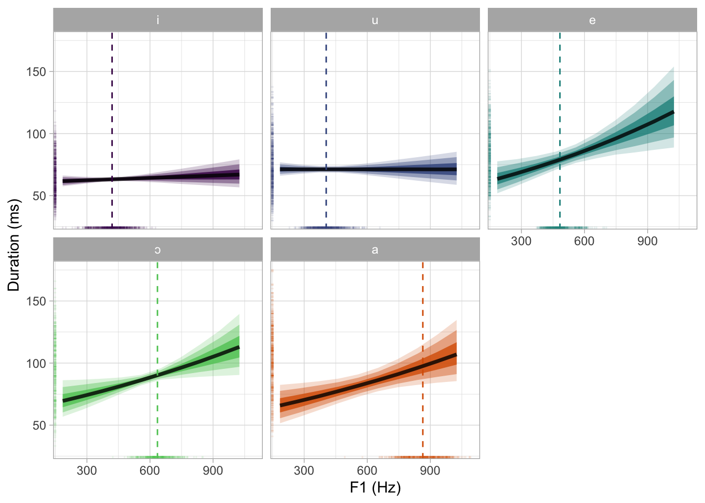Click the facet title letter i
pos(158,20)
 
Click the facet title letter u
pos(375,20)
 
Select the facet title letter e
pos(592,20)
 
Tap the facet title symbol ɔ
pos(158,250)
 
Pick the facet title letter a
pos(375,250)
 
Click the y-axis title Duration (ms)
pos(14,245)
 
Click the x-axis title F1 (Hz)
pos(375,488)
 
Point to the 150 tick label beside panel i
pos(36,72)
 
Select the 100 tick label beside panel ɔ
pos(36,363)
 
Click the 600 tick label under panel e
pos(584,241)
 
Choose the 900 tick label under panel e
pos(647,241)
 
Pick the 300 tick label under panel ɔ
pos(87,471)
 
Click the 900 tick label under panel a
pos(430,471)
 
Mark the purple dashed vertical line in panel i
pos(112,105)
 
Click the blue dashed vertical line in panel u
pos(326,105)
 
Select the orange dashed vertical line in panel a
pos(423,314)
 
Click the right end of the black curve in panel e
pos(672,113)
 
